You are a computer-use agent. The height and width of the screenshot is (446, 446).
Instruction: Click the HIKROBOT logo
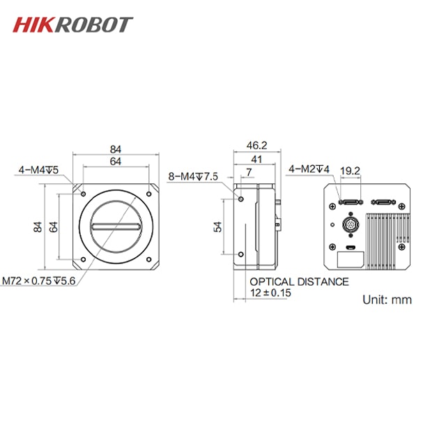[72, 24]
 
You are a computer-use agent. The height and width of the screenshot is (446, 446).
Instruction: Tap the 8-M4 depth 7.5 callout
[193, 177]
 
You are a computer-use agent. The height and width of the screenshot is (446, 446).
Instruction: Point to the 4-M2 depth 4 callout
[309, 168]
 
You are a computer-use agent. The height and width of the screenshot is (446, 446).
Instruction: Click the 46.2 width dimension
[257, 146]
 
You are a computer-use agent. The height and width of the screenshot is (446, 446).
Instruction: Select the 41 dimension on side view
[257, 160]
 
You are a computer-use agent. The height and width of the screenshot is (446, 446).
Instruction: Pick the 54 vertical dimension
[218, 227]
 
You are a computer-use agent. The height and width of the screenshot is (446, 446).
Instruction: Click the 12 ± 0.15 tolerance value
[270, 293]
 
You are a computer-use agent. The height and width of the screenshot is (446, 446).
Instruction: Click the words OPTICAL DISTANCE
[299, 282]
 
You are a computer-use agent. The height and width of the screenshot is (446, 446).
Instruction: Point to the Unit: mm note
[387, 300]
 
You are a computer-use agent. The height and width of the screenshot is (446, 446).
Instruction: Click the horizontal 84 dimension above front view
[116, 148]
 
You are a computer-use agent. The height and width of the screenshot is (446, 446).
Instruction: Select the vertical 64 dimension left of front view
[53, 227]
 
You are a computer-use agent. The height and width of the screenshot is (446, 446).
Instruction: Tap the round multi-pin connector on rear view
[351, 226]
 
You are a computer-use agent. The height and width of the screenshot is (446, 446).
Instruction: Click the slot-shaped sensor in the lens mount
[116, 226]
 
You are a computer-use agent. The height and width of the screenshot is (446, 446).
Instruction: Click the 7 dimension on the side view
[247, 171]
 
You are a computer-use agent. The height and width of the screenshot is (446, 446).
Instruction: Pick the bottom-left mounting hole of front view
[83, 260]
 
